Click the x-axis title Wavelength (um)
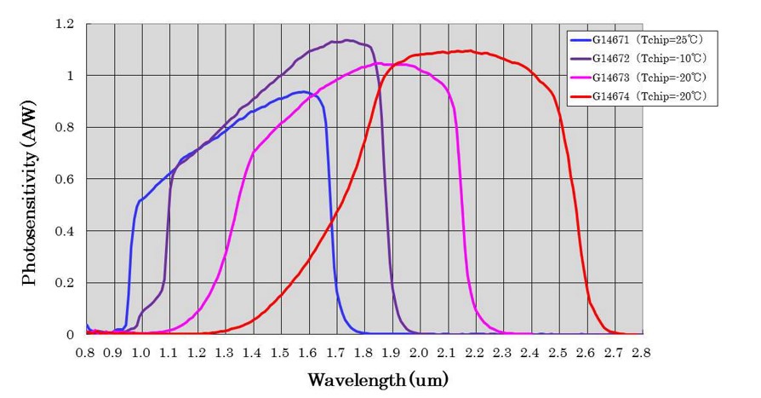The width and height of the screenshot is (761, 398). pos(377,378)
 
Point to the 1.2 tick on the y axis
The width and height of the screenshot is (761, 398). pos(64,24)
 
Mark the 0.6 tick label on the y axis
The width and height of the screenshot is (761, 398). pos(64,179)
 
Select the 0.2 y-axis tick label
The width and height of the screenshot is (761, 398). pos(64,283)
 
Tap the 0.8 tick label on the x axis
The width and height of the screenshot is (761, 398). pos(85,350)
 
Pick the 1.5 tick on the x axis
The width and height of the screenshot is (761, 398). pos(280,350)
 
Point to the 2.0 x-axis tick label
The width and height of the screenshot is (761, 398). pos(420,350)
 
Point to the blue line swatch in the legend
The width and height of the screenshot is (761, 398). pos(581,40)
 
